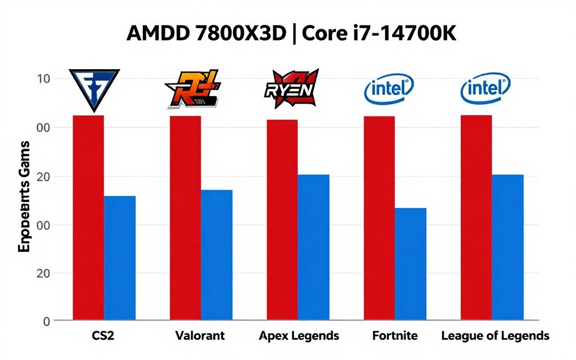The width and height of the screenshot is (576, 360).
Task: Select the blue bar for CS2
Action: pyautogui.click(x=120, y=258)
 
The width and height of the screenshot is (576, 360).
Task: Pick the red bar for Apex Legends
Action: pyautogui.click(x=282, y=220)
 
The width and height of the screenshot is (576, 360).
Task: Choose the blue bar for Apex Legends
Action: pyautogui.click(x=313, y=247)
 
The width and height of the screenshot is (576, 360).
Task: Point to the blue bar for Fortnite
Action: pyautogui.click(x=411, y=264)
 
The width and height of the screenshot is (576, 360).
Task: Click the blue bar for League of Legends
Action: pyautogui.click(x=508, y=247)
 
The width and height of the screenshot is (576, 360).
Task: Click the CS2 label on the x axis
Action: pyautogui.click(x=103, y=336)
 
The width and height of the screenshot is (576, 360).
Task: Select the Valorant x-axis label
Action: pyautogui.click(x=200, y=336)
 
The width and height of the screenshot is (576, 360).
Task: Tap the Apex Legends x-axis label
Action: pyautogui.click(x=299, y=336)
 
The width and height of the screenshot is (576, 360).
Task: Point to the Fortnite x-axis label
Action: pyautogui.click(x=395, y=336)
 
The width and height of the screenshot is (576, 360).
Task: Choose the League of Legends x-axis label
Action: pyautogui.click(x=495, y=336)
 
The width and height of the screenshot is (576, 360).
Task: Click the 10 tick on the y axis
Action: pyautogui.click(x=44, y=79)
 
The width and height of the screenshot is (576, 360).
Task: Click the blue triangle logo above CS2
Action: pyautogui.click(x=94, y=89)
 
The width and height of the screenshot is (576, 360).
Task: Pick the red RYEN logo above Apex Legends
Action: pyautogui.click(x=291, y=88)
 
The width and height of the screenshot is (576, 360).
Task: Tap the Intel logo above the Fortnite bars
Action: pyautogui.click(x=389, y=89)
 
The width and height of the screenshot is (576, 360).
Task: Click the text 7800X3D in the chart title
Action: pyautogui.click(x=244, y=34)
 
